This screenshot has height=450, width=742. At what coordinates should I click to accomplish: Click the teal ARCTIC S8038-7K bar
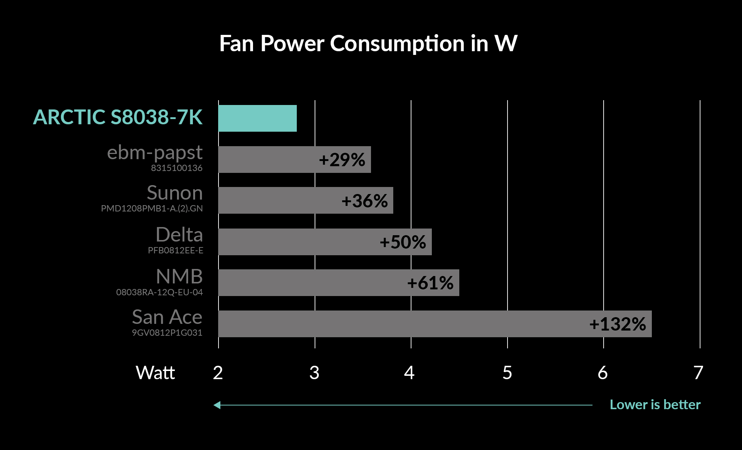pyautogui.click(x=257, y=118)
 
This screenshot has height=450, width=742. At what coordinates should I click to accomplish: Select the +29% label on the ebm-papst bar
pyautogui.click(x=342, y=160)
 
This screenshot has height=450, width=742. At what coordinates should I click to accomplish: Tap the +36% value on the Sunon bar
pyautogui.click(x=364, y=201)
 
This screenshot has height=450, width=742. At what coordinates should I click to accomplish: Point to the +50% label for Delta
pyautogui.click(x=403, y=242)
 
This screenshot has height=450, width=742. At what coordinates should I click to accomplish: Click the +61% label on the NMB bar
pyautogui.click(x=430, y=283)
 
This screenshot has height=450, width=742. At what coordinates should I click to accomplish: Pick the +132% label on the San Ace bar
pyautogui.click(x=617, y=324)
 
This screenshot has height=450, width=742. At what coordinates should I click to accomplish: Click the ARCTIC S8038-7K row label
pyautogui.click(x=118, y=117)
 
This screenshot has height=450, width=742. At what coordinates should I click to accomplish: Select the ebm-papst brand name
pyautogui.click(x=155, y=152)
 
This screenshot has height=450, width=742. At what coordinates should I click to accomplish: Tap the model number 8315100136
pyautogui.click(x=177, y=168)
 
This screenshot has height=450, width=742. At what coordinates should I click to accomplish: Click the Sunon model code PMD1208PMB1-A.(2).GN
pyautogui.click(x=152, y=208)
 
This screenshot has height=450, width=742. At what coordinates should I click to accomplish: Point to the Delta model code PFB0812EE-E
pyautogui.click(x=175, y=250)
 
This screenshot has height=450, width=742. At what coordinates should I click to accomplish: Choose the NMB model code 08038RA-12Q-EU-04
pyautogui.click(x=160, y=292)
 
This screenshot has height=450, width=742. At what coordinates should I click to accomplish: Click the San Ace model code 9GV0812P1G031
pyautogui.click(x=167, y=333)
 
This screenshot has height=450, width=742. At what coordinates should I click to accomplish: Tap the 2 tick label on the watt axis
pyautogui.click(x=218, y=373)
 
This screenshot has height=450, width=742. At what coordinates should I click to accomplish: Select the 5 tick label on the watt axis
pyautogui.click(x=507, y=373)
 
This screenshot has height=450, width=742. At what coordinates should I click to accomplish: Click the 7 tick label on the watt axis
pyautogui.click(x=699, y=373)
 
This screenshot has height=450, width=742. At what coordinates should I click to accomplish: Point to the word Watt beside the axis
pyautogui.click(x=155, y=373)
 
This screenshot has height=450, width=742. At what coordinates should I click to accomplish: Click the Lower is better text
pyautogui.click(x=655, y=405)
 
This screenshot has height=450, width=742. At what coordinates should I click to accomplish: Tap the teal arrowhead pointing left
pyautogui.click(x=217, y=405)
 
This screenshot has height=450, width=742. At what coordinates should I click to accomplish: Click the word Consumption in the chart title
pyautogui.click(x=397, y=44)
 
